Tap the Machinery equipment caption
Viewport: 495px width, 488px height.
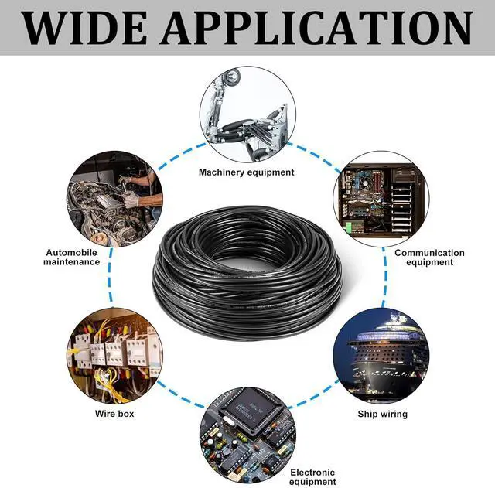(x=247, y=172)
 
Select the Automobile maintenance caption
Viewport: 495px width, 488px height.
(x=72, y=257)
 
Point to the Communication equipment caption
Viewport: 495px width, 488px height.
(x=429, y=258)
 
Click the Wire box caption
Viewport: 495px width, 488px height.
(x=114, y=414)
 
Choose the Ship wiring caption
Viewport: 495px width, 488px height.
(x=382, y=414)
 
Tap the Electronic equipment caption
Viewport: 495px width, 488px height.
(x=312, y=477)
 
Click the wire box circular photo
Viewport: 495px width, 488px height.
(x=114, y=355)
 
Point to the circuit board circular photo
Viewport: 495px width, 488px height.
(x=247, y=433)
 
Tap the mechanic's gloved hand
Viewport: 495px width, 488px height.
(x=131, y=200)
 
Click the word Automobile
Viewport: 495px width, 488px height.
(x=72, y=252)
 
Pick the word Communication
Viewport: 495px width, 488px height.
(x=429, y=252)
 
